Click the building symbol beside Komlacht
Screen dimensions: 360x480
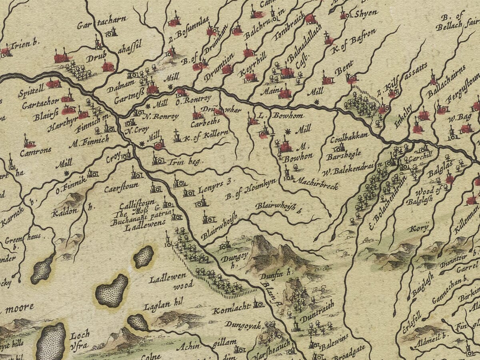click(258, 305)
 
